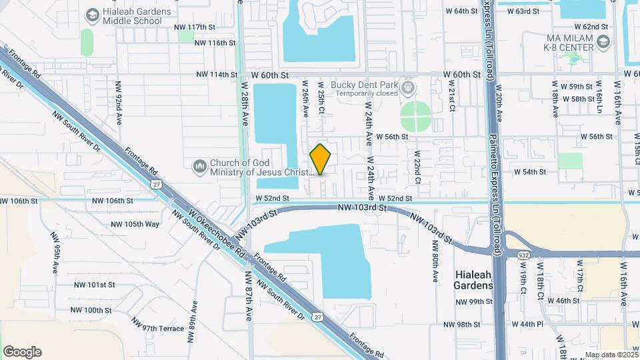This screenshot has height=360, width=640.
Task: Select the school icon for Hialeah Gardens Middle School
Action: [x=93, y=14]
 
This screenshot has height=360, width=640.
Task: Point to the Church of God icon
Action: [x=199, y=165]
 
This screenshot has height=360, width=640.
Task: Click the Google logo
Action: [x=22, y=352]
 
